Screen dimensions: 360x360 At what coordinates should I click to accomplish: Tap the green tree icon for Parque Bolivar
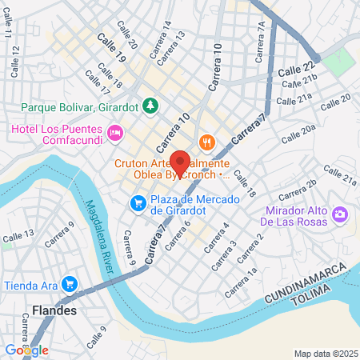[150, 105]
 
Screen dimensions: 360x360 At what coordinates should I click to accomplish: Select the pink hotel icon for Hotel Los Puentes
[115, 131]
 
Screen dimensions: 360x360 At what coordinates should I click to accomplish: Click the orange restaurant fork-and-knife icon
[206, 142]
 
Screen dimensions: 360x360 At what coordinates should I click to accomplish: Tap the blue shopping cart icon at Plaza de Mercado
[138, 203]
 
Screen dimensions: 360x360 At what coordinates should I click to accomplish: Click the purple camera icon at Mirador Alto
[340, 214]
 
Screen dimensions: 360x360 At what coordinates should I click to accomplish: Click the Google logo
[26, 350]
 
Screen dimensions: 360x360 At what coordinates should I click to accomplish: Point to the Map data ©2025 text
[324, 353]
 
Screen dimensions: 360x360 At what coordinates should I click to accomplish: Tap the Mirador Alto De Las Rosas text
[296, 214]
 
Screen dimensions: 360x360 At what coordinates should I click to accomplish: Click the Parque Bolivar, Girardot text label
[81, 106]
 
